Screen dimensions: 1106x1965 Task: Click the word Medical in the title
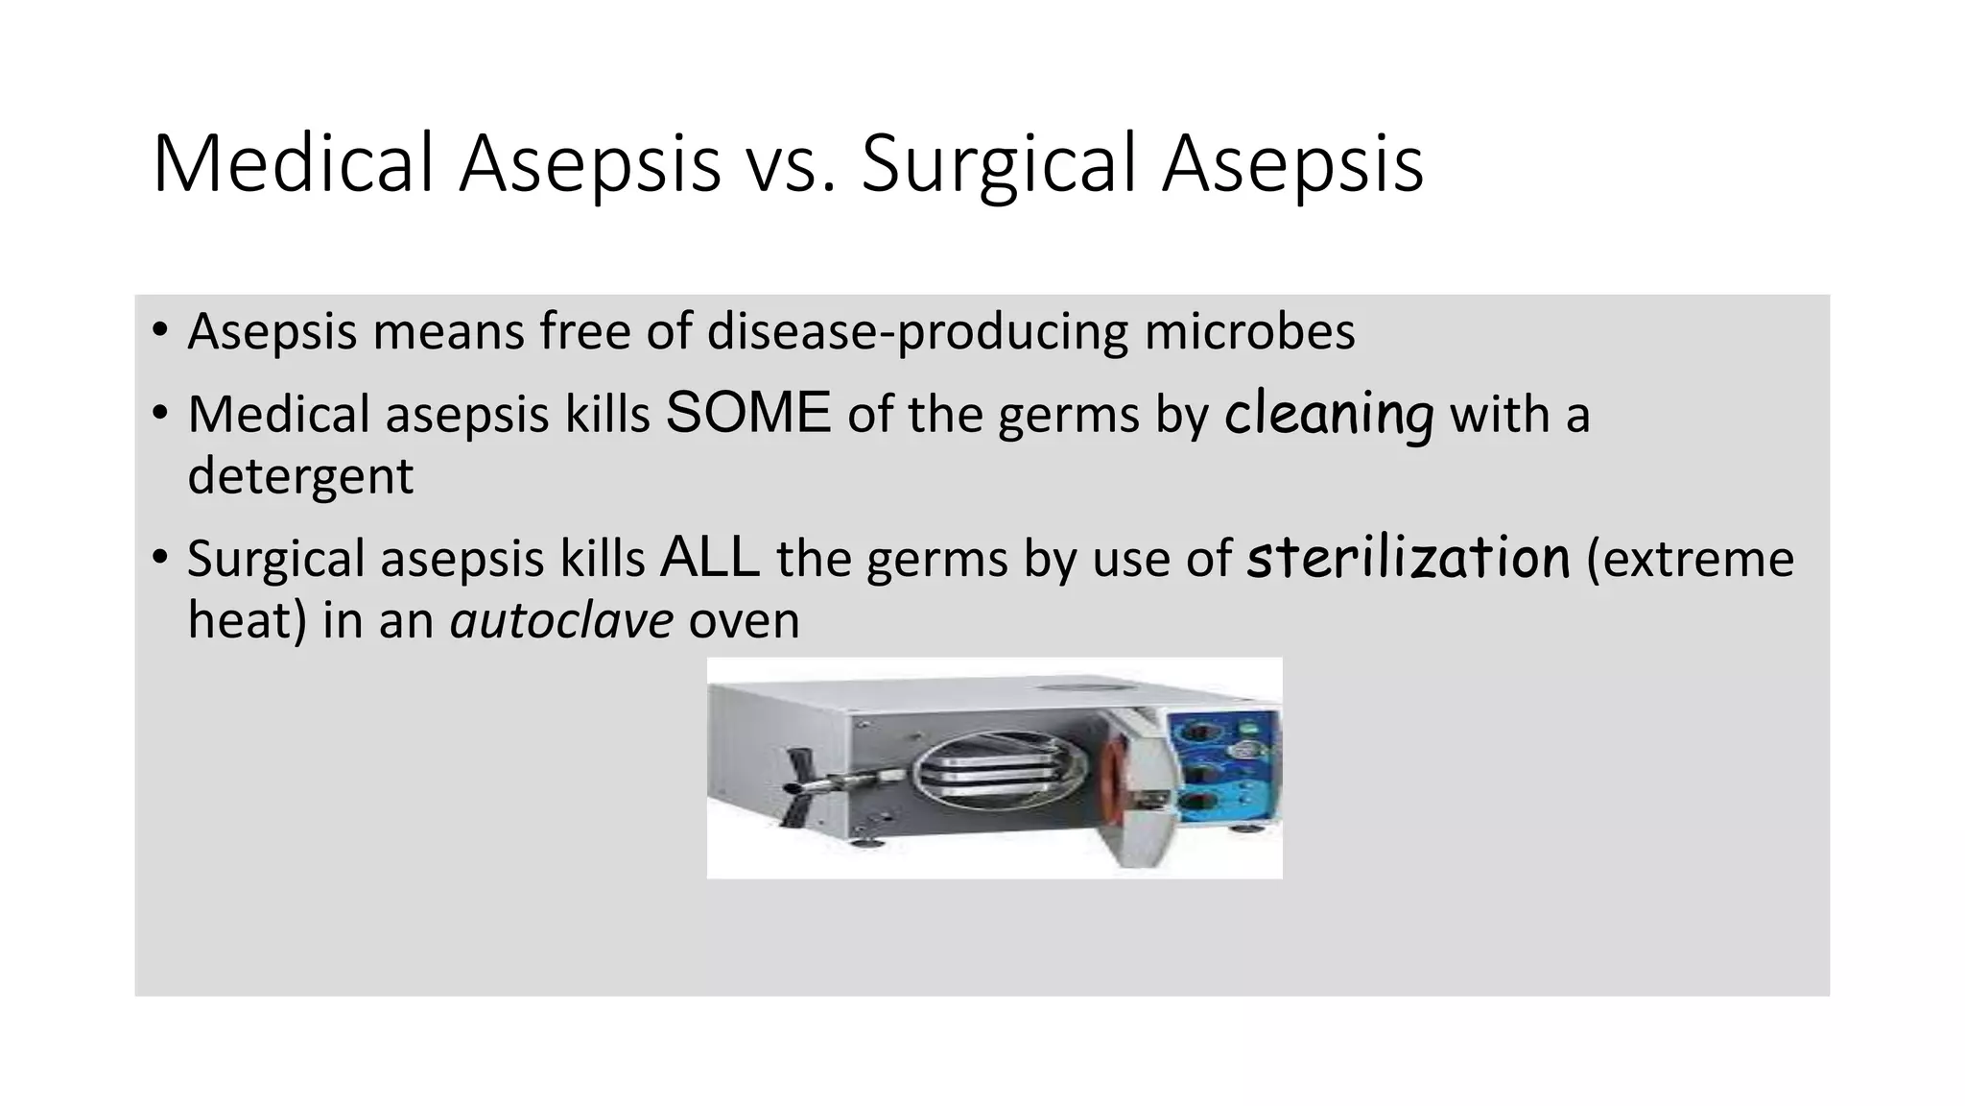[293, 163]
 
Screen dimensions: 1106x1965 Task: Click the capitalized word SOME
[747, 414]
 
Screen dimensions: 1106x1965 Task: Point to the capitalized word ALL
[710, 558]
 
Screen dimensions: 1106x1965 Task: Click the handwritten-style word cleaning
[1329, 414]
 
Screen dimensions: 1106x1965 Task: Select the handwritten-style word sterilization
[1408, 558]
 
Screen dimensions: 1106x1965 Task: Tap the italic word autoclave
[561, 619]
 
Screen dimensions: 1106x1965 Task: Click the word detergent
[299, 475]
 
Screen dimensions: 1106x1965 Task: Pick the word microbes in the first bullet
[1249, 331]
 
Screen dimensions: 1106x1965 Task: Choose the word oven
[744, 619]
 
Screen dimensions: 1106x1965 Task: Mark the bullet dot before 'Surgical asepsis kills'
[159, 558]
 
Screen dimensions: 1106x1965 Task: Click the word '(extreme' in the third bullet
[1690, 558]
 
